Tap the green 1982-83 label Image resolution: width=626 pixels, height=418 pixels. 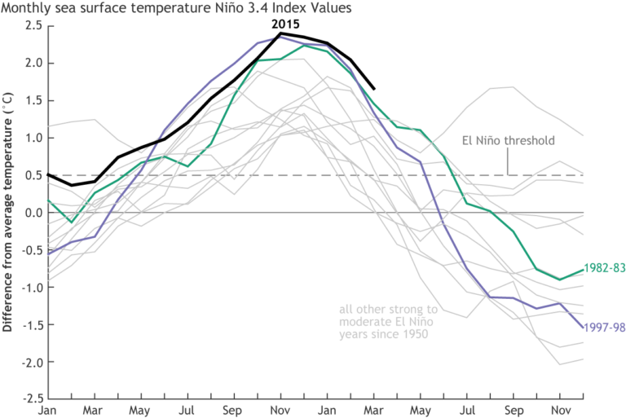tap(604, 268)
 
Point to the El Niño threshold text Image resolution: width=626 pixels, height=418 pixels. tap(508, 140)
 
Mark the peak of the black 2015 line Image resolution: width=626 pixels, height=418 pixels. tap(280, 33)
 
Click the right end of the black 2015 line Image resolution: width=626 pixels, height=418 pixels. tap(374, 89)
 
